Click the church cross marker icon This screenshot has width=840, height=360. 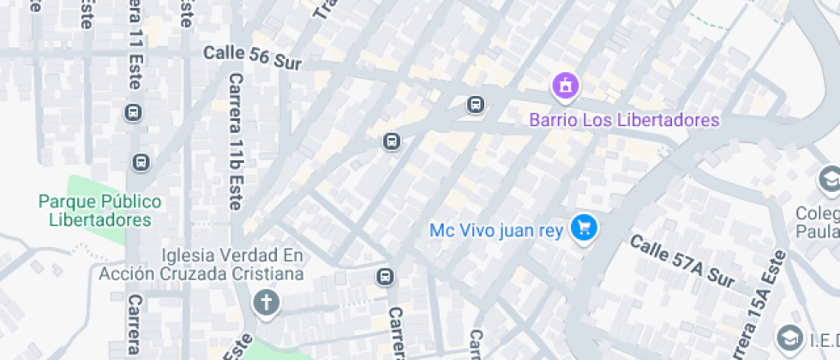click(267, 303)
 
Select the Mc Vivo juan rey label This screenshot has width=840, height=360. click(497, 230)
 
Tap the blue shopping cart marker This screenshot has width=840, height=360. click(585, 228)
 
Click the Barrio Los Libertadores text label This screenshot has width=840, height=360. click(624, 120)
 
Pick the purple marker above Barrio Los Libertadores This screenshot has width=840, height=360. click(566, 86)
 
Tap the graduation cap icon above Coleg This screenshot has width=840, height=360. click(830, 179)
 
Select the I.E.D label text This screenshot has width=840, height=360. click(823, 337)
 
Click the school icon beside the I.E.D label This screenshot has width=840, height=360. click(789, 337)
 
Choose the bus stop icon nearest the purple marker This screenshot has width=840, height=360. click(477, 105)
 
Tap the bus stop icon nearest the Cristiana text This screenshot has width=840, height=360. click(386, 277)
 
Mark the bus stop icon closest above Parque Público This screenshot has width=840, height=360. click(141, 162)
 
